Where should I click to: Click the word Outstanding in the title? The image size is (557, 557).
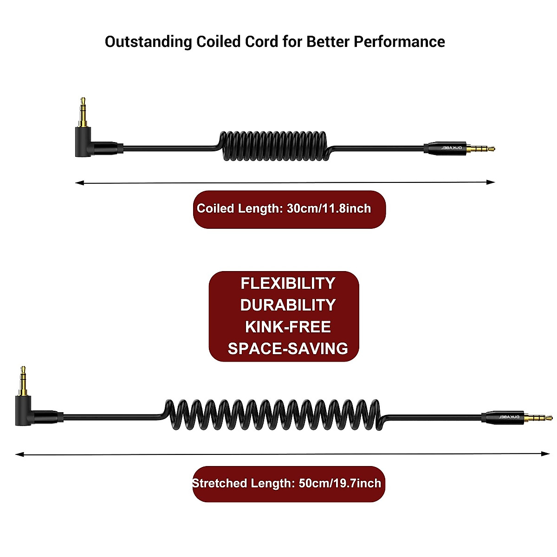point(148,42)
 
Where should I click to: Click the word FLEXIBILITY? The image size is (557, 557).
point(288,283)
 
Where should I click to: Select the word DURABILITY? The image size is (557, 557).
point(288,305)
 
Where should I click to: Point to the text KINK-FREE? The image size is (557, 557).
point(288,327)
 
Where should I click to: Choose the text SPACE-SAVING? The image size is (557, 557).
point(288,349)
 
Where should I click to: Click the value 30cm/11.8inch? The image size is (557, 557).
point(329,208)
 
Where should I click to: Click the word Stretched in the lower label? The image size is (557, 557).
point(220,483)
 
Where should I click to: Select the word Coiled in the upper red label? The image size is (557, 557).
point(215,208)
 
